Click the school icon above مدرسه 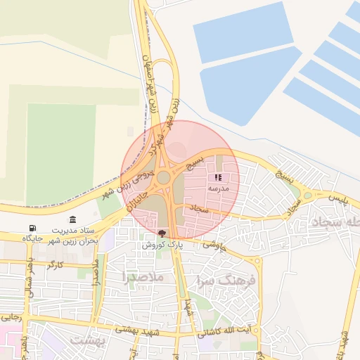point(217,178)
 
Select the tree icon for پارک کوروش point(162,233)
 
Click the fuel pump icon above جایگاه point(33,228)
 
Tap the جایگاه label point(33,239)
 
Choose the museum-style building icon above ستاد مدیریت point(73,220)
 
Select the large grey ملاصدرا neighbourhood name point(143,277)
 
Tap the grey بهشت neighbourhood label point(88,340)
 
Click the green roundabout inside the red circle point(163,178)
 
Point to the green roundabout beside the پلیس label point(307,196)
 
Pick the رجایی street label point(13,318)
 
